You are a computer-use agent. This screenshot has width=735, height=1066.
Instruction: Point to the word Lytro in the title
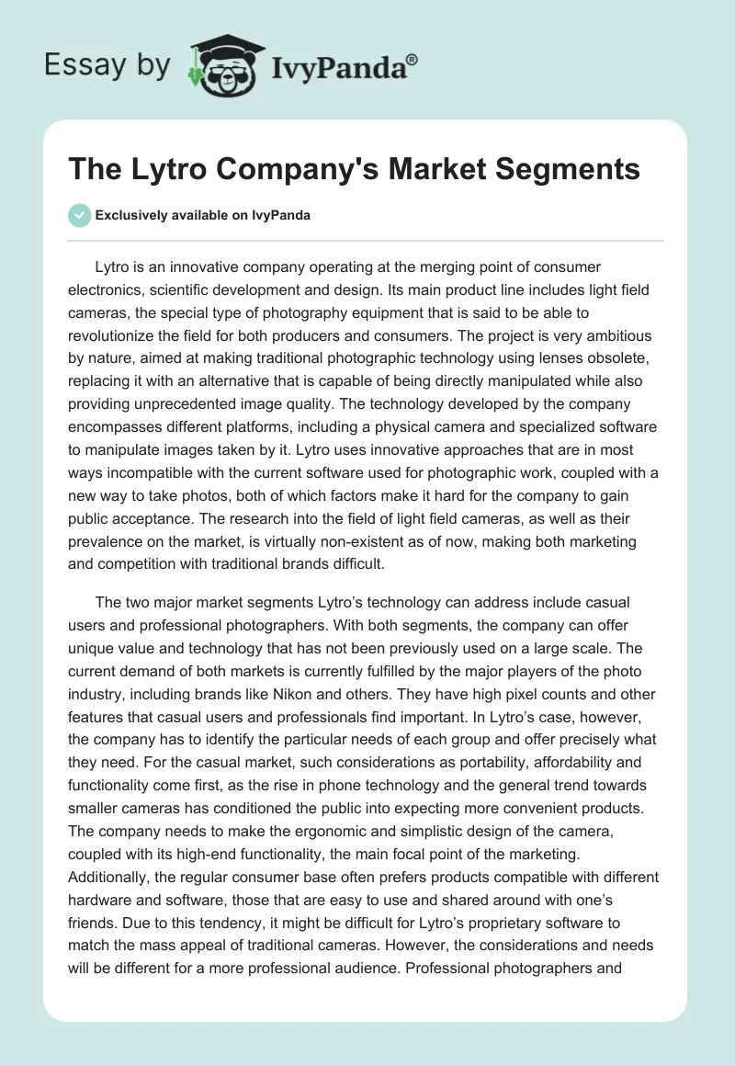[168, 169]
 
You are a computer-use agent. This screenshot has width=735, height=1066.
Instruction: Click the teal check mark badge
[80, 215]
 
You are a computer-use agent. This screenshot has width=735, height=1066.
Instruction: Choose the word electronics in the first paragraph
[110, 289]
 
